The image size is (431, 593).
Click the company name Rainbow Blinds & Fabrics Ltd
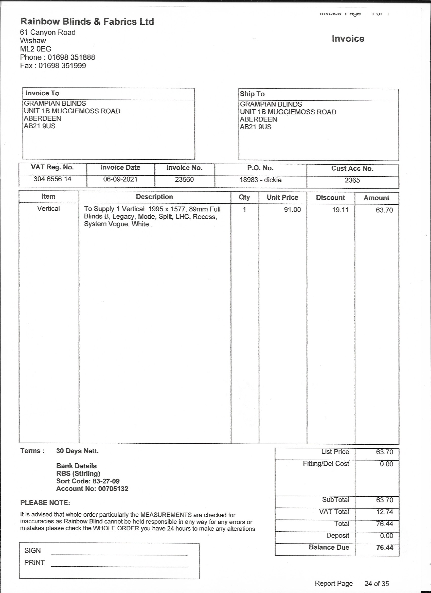[x=87, y=22]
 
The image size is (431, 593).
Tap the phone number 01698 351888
[x=71, y=57]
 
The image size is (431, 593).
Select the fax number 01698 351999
[x=62, y=65]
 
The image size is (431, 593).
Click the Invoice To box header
[x=42, y=93]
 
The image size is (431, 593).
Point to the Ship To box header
[x=252, y=94]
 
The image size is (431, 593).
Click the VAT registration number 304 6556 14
[x=52, y=179]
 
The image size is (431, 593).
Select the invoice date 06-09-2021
[x=120, y=179]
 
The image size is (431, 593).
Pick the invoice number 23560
[x=184, y=179]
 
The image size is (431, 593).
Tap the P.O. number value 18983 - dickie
[x=260, y=180]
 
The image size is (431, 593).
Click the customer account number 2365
[x=352, y=180]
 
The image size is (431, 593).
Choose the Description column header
[x=154, y=197]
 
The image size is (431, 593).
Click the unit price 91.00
[x=292, y=210]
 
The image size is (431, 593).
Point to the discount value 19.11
[x=340, y=210]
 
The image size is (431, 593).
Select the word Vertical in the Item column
[x=48, y=209]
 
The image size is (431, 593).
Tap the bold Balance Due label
[x=329, y=547]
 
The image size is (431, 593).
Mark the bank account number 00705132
[x=113, y=489]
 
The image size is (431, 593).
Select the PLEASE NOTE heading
[x=45, y=503]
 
